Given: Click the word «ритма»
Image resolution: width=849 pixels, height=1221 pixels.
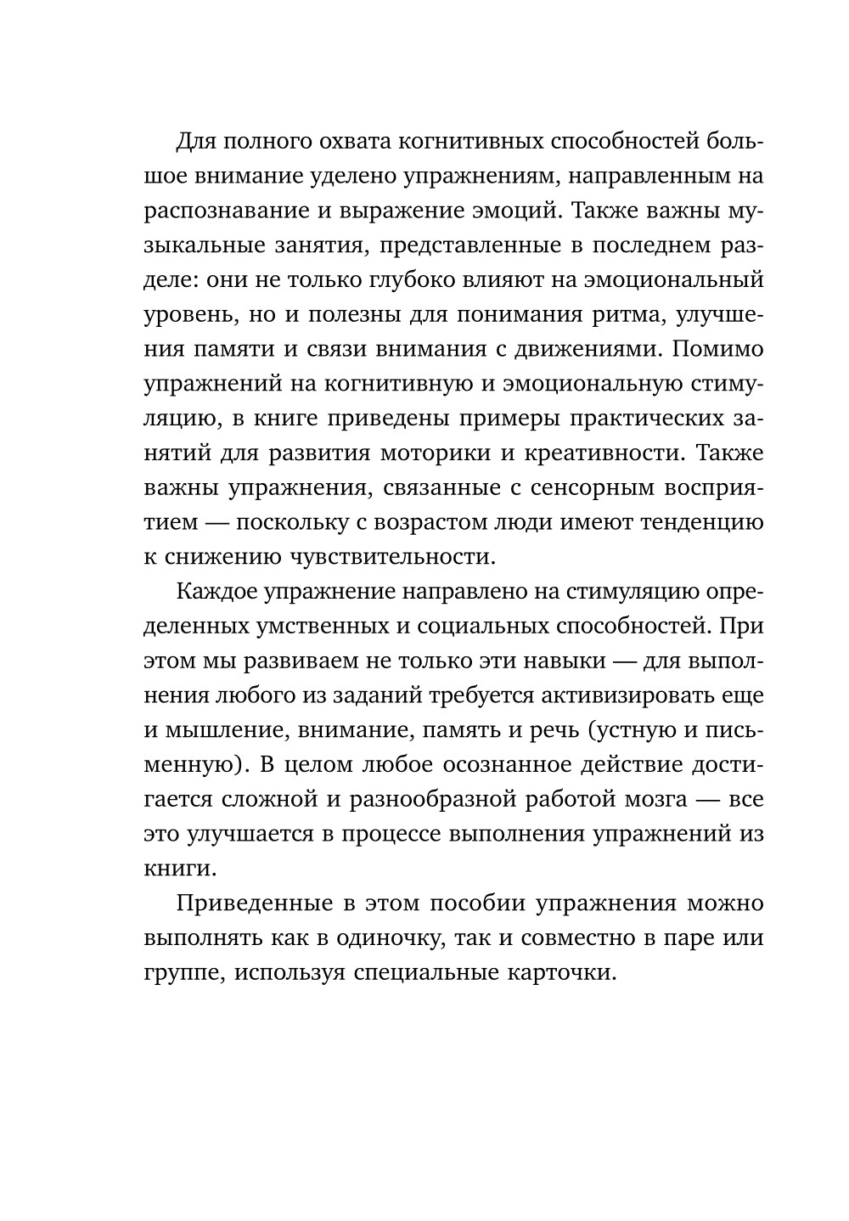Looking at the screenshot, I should tap(626, 314).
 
